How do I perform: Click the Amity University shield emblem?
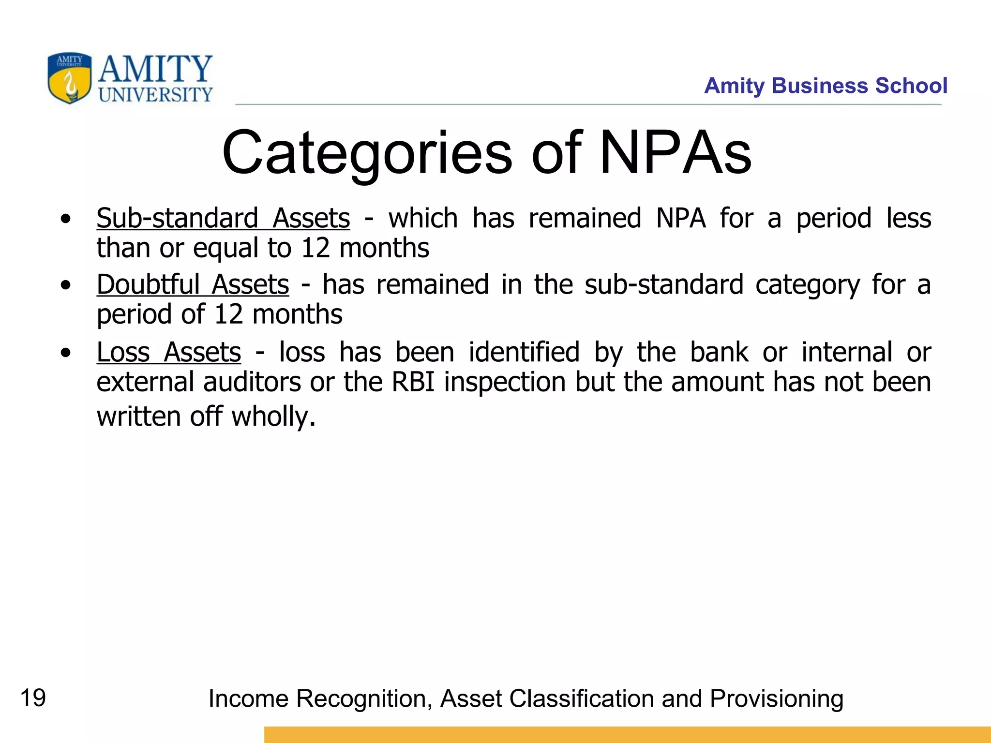(69, 78)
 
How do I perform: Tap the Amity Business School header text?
(826, 86)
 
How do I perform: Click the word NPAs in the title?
(675, 153)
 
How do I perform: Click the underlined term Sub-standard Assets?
(223, 218)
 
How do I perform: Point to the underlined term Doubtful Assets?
(193, 284)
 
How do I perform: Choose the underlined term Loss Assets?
(168, 352)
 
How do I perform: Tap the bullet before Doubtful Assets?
(66, 285)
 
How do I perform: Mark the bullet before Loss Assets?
(66, 353)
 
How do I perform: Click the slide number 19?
(33, 698)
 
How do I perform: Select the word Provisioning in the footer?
(776, 699)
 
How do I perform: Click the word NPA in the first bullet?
(681, 218)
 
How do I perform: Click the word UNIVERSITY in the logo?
(155, 95)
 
